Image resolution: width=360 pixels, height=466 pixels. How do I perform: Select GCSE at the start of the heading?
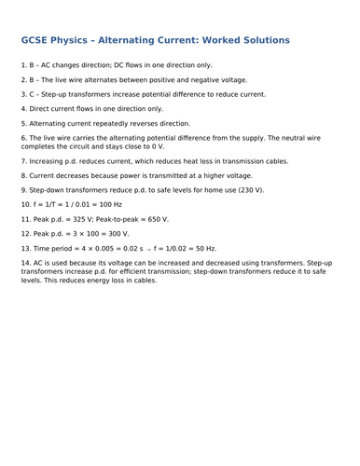[x=38, y=42]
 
